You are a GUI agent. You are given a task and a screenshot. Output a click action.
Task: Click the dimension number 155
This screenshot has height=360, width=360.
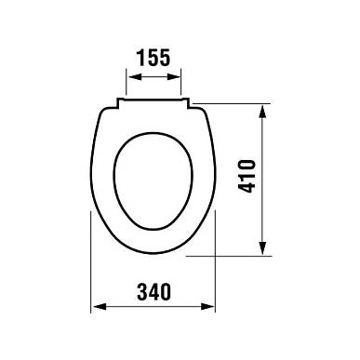pyautogui.click(x=153, y=58)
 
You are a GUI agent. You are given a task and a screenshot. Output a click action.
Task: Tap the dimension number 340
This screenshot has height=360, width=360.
pyautogui.click(x=153, y=291)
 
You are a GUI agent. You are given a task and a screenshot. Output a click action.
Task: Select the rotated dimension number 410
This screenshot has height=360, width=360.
pyautogui.click(x=247, y=176)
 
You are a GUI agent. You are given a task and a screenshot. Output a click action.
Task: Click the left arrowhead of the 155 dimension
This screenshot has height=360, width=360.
pyautogui.click(x=134, y=77)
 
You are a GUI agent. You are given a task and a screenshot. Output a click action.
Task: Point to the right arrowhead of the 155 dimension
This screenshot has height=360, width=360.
pyautogui.click(x=173, y=77)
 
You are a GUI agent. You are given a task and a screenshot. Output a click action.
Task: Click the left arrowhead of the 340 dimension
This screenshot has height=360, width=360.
pyautogui.click(x=100, y=307)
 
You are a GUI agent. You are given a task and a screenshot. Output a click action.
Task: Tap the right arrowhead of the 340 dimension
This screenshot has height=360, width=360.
pyautogui.click(x=207, y=307)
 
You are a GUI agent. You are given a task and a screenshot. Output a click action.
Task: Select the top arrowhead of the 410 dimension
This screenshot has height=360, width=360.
pyautogui.click(x=262, y=112)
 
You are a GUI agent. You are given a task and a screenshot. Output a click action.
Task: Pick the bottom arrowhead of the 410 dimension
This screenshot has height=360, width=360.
pyautogui.click(x=262, y=248)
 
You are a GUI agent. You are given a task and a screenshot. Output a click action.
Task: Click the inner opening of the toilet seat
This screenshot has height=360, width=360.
pyautogui.click(x=153, y=181)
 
